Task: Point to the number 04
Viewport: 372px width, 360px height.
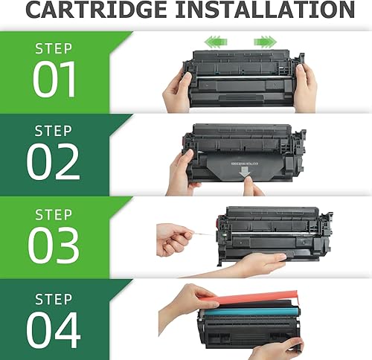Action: click(x=54, y=328)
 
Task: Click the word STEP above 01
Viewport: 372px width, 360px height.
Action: click(x=54, y=49)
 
